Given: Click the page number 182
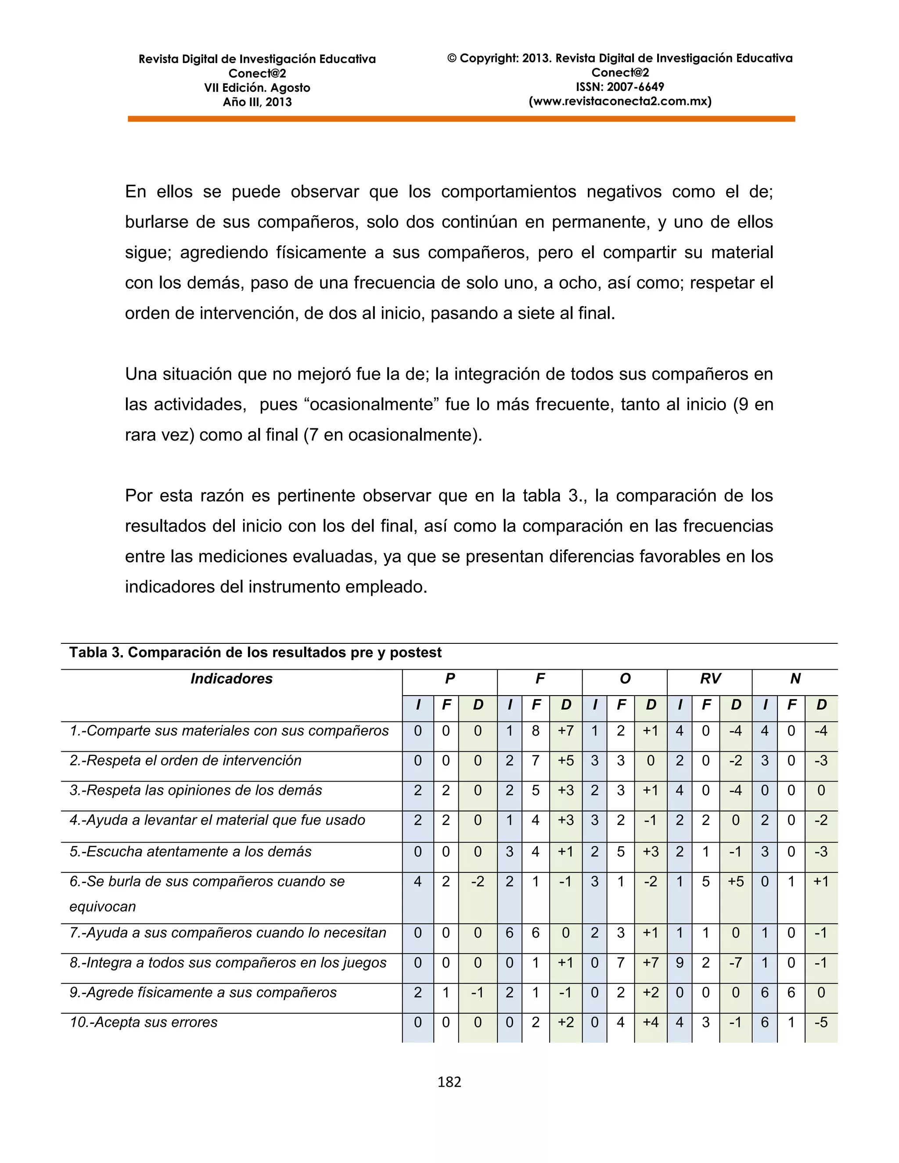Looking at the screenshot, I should [449, 1081].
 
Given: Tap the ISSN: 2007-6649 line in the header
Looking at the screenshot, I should [620, 87].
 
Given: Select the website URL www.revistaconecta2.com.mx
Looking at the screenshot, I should [620, 101].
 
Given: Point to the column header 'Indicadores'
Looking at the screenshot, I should [231, 678].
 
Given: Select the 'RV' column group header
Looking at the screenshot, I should [710, 678].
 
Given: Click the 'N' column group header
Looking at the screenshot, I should [795, 678].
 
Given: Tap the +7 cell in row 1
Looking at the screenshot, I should [565, 731].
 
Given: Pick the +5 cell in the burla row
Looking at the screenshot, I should [736, 881].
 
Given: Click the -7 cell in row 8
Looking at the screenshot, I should [736, 963].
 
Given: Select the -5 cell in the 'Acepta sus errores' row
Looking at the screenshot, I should [821, 1023].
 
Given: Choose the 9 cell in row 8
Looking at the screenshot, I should [679, 963].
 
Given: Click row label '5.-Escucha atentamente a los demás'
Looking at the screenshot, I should [190, 851].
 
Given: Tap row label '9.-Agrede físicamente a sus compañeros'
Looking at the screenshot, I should [203, 993].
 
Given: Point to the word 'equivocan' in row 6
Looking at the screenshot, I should [102, 906].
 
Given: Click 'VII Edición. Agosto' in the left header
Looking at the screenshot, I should [257, 88].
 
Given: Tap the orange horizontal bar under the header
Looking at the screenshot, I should [461, 119].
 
